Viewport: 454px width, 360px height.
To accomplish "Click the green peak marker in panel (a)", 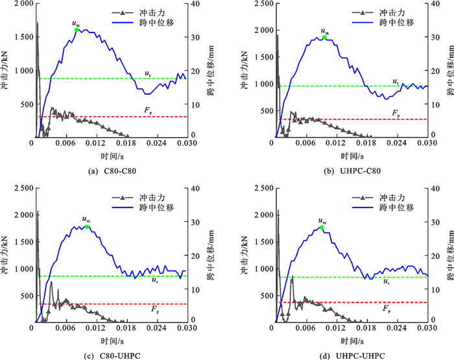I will coord(77,30).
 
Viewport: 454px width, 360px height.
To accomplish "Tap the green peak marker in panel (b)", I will coord(325,37).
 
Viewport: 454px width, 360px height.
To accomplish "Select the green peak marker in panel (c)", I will coord(86,226).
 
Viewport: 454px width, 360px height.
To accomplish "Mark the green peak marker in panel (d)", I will coord(322,228).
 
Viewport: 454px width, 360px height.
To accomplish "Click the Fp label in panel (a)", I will coord(150,111).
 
